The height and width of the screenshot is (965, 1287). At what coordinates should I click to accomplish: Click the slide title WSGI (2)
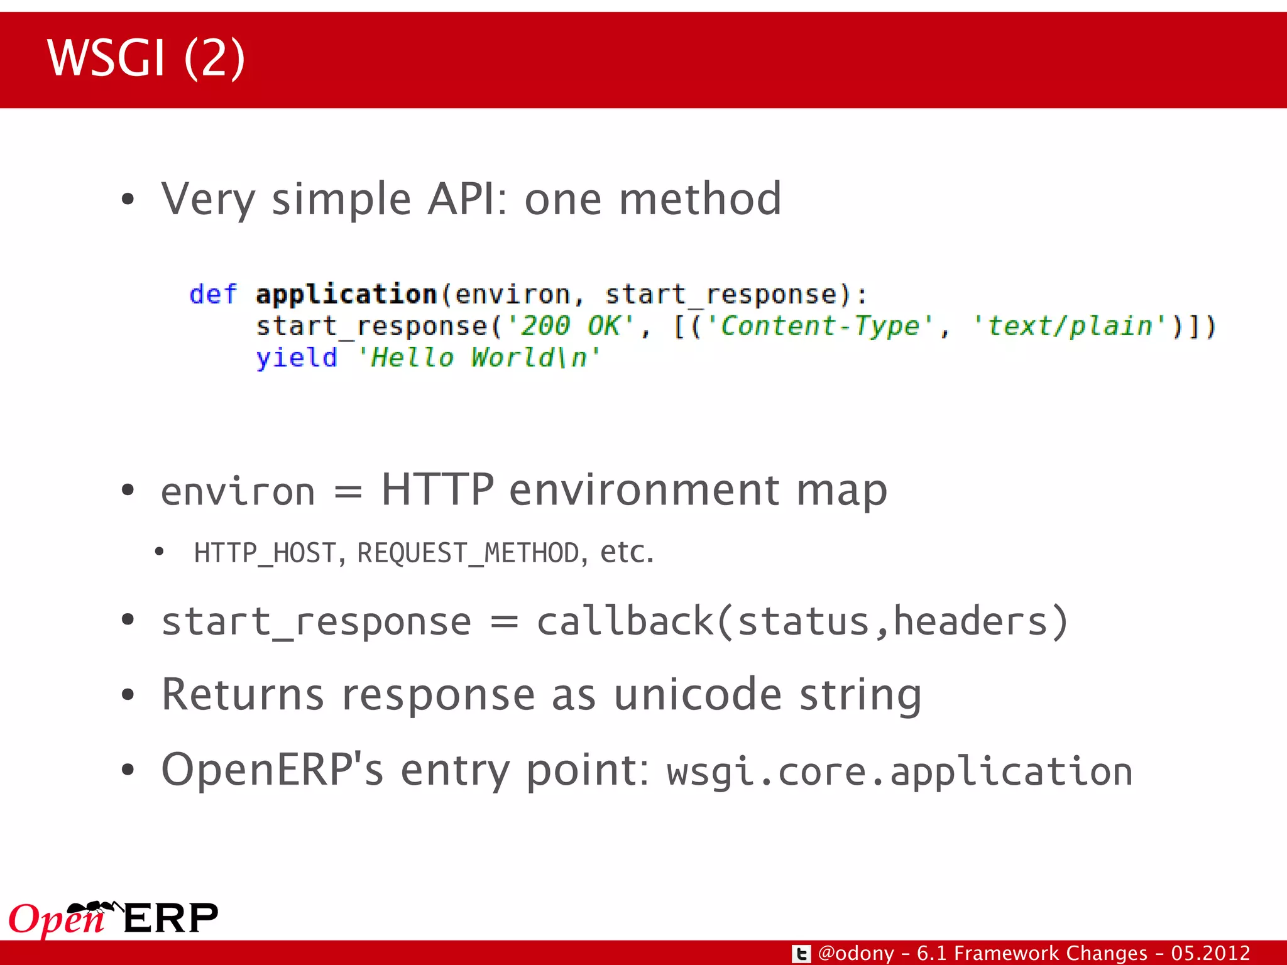(x=146, y=58)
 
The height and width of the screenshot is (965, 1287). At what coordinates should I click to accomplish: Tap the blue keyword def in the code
(x=213, y=294)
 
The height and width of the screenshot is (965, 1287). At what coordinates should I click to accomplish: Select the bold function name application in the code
(x=346, y=294)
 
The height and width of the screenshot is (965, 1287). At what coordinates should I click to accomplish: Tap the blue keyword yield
(x=296, y=358)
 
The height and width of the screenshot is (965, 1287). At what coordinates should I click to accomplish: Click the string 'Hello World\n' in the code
(x=479, y=358)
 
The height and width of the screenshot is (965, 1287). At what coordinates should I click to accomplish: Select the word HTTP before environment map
(x=437, y=490)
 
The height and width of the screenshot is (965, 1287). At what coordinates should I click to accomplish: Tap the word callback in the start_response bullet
(x=625, y=622)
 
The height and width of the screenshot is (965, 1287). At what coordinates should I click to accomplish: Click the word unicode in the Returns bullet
(x=698, y=695)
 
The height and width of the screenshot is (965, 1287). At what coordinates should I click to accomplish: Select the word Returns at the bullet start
(x=243, y=695)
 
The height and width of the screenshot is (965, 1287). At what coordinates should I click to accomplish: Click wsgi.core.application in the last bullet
(x=899, y=771)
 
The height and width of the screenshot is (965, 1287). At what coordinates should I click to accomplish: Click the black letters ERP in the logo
(x=171, y=919)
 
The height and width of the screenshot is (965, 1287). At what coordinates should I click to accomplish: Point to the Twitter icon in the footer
(x=801, y=954)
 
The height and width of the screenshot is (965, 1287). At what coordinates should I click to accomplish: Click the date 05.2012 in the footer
(x=1210, y=953)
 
